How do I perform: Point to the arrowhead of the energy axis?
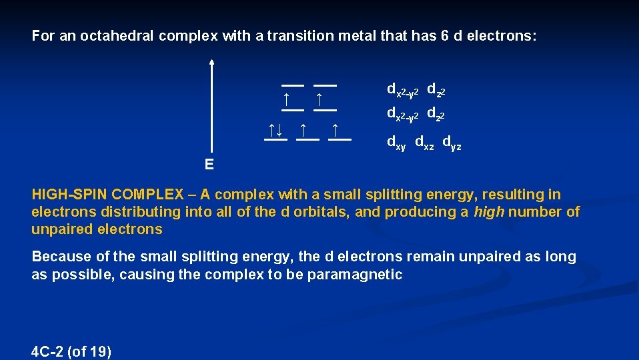pos(211,62)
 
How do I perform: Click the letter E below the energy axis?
pos(209,165)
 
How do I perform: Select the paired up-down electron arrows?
pos(275,129)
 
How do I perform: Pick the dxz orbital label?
pos(424,142)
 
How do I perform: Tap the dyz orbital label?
pos(452,142)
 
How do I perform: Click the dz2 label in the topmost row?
pos(436,89)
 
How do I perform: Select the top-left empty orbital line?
pos(292,85)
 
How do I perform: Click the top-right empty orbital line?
pos(325,85)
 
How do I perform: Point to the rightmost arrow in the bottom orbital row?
pos(335,129)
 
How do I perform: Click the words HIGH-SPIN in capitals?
pos(69,195)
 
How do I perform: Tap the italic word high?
pos(490,212)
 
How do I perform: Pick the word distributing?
pos(140,212)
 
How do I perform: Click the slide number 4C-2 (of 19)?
pos(71,351)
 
